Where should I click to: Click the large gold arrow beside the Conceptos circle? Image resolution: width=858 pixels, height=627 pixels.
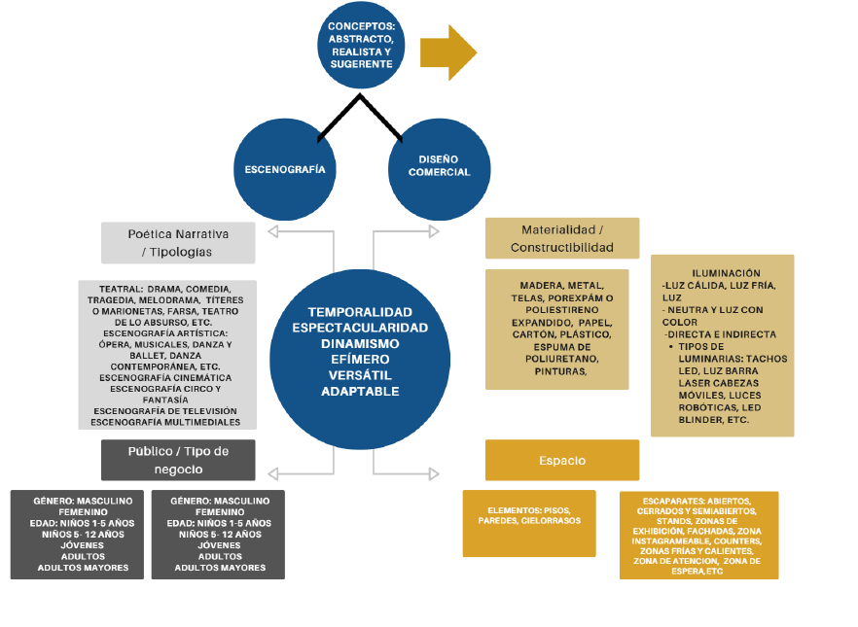[447, 51]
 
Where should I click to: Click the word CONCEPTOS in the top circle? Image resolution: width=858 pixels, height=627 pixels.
[360, 25]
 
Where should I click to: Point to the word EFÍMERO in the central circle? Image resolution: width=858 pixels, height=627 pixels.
[360, 358]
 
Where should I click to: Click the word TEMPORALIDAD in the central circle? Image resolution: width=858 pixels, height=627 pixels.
[360, 311]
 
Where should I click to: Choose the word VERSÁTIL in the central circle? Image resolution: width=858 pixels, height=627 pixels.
[360, 374]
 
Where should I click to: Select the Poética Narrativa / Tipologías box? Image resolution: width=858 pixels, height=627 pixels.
[178, 243]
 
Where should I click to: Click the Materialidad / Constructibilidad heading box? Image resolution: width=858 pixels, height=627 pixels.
[562, 238]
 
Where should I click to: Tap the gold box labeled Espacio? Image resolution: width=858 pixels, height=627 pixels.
[562, 460]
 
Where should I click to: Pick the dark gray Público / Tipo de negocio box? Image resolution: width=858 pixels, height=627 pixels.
[178, 460]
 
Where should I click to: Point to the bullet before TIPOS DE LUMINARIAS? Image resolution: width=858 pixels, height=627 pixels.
[671, 346]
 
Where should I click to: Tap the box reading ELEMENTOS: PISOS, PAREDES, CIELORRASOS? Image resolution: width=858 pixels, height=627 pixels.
[529, 523]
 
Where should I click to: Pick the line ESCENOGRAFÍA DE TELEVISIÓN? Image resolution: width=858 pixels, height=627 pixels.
[165, 412]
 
